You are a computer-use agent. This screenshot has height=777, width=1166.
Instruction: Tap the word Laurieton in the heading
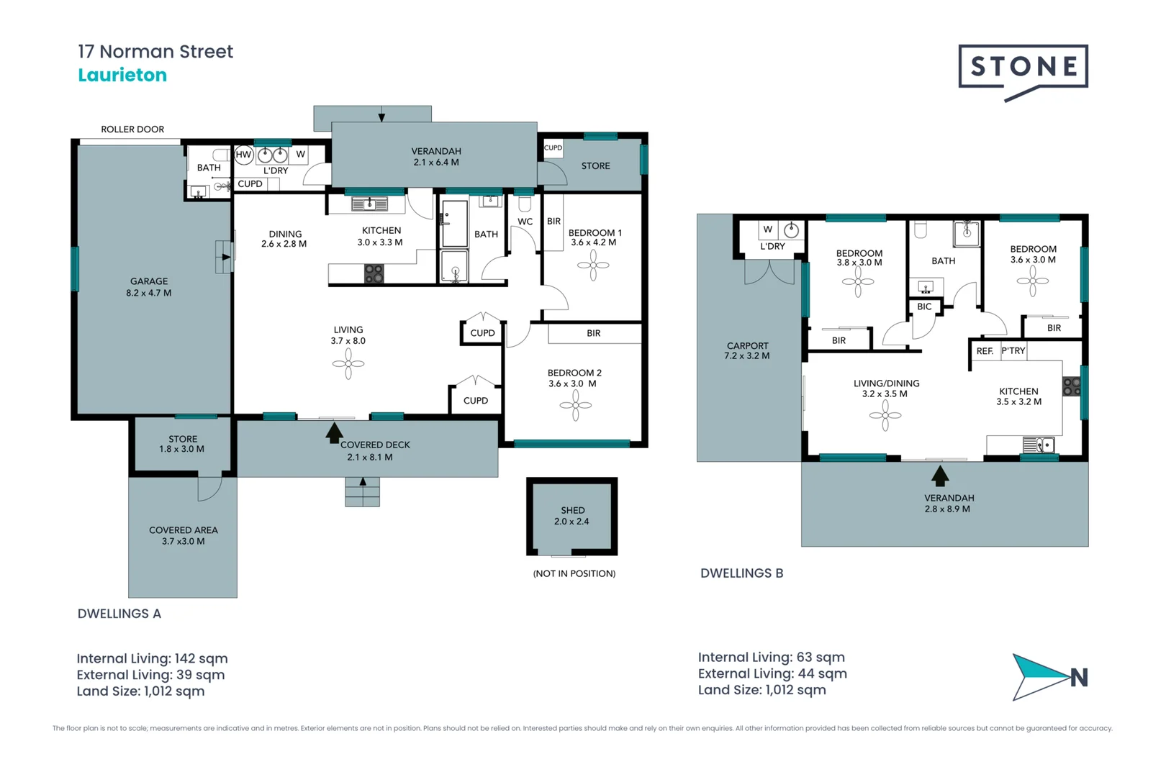122,75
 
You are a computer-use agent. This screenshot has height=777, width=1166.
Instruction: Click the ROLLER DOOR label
132,129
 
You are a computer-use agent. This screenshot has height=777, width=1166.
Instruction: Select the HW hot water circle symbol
243,154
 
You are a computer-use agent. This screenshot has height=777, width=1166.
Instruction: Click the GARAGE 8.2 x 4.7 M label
149,287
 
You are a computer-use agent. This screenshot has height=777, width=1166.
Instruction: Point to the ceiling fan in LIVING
348,364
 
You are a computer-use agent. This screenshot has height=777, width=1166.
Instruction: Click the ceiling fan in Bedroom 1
593,265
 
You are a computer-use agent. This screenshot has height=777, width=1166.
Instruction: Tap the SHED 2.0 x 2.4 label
572,516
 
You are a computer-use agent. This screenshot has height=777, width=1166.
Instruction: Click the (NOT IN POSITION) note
574,573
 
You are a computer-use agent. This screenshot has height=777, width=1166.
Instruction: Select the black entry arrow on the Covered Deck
334,432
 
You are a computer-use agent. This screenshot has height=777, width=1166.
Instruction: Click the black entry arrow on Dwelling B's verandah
940,476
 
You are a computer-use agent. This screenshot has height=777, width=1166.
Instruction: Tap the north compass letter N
1078,678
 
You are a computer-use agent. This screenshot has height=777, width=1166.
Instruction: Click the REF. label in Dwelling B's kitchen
985,351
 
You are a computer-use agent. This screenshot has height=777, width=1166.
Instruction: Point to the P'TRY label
1013,351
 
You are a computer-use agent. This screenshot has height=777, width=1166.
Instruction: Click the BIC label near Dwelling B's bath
924,306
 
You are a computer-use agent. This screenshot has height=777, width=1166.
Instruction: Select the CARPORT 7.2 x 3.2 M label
747,350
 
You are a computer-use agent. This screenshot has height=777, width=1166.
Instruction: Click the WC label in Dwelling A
525,222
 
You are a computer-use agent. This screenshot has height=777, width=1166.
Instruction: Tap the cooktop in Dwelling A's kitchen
374,273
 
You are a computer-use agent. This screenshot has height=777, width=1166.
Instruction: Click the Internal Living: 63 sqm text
771,657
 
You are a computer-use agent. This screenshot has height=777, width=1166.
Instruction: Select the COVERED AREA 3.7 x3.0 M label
183,535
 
